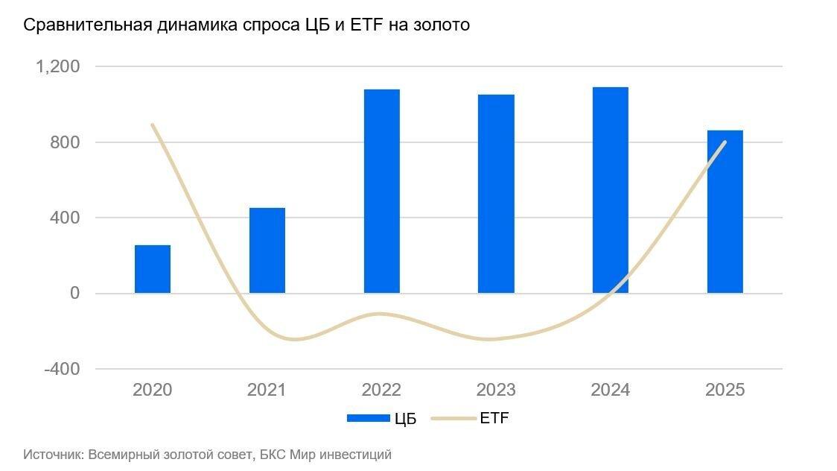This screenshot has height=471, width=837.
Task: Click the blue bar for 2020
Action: [153, 269]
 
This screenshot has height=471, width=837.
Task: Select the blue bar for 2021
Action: [267, 250]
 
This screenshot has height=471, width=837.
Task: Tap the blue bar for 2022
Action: [382, 191]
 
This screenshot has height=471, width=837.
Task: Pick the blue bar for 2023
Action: [496, 194]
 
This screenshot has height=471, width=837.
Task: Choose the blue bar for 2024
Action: [611, 190]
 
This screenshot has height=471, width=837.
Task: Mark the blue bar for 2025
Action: [725, 212]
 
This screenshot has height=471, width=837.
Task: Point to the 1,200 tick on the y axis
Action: [58, 66]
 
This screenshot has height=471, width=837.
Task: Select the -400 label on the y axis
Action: [63, 369]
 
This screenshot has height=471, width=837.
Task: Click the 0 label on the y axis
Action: [75, 294]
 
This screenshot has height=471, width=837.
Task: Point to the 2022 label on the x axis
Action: [381, 390]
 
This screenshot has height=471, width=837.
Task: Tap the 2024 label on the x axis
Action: [610, 390]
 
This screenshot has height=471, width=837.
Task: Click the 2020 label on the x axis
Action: [152, 390]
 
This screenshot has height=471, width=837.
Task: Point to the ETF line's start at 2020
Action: [153, 124]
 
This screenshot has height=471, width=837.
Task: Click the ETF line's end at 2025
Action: [725, 142]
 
